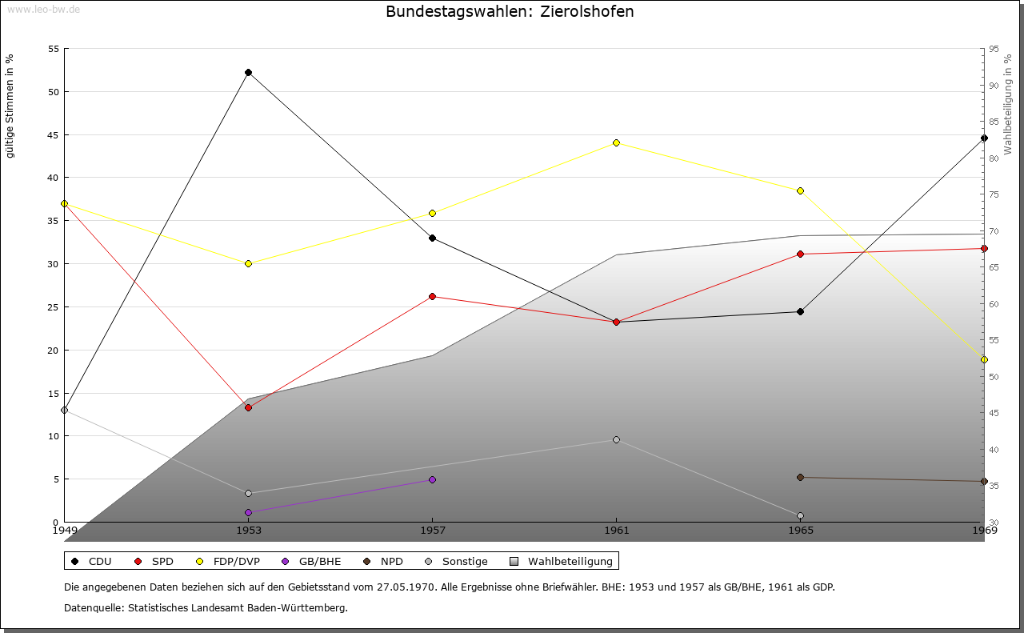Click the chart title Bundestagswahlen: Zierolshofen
coord(510,12)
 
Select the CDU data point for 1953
coord(249,73)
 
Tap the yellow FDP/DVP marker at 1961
coord(616,143)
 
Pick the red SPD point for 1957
coord(433,297)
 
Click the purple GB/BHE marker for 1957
coord(433,480)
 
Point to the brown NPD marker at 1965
coord(800,478)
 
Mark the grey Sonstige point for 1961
coord(616,440)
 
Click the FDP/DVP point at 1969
coord(984,360)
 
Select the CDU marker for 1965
coord(800,312)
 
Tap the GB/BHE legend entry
coord(320,562)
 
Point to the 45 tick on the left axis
coord(54,135)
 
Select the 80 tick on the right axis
coord(993,158)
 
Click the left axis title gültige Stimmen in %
coord(10,106)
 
